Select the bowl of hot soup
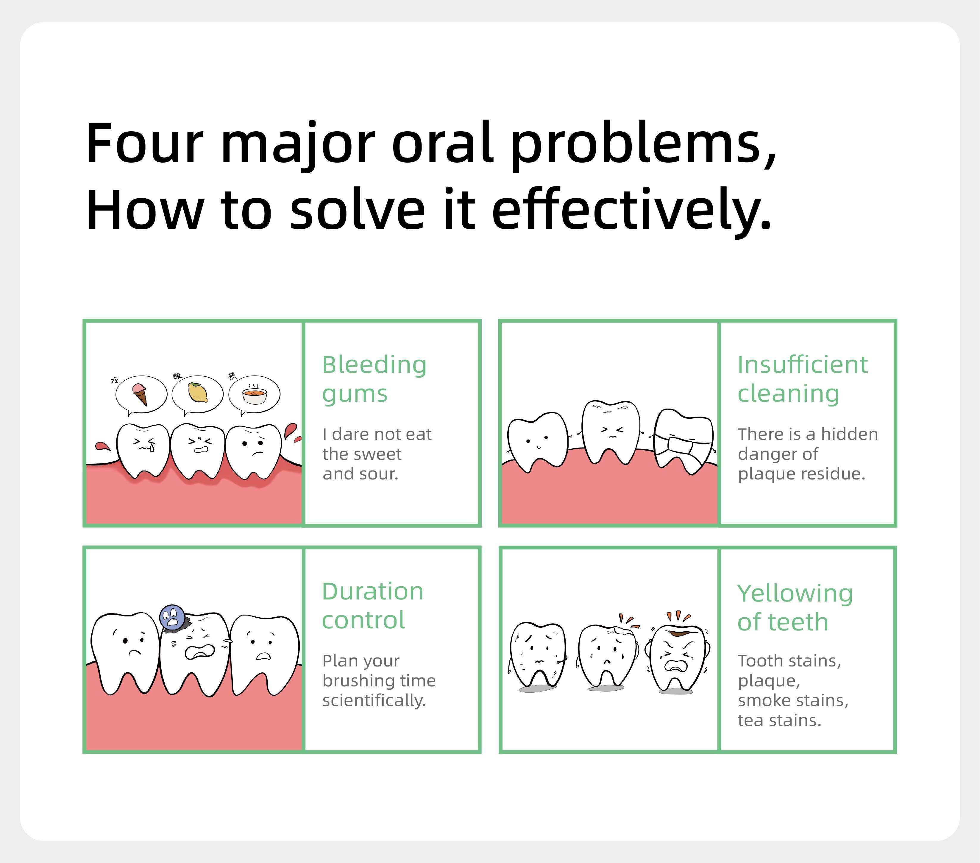[254, 395]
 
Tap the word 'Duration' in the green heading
[372, 591]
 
